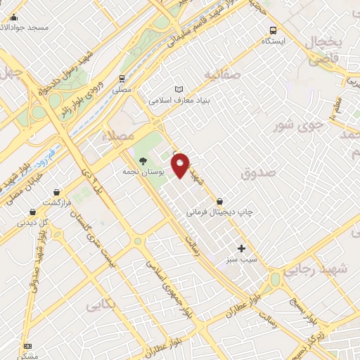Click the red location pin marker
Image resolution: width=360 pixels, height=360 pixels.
coord(181,165)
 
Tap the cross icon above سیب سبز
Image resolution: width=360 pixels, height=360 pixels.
coord(242,247)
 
